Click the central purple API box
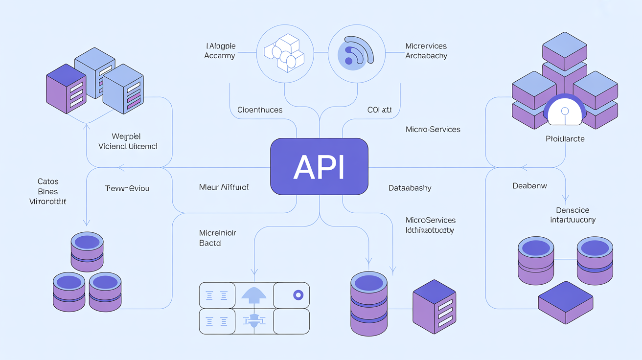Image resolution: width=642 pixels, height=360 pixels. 319,167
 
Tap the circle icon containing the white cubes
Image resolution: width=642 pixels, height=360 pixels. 284,53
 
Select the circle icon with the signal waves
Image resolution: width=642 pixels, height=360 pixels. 356,53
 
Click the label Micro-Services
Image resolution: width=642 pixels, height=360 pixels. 433,130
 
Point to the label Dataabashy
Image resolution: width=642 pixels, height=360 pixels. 410,188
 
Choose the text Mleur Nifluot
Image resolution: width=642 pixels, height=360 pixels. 224,187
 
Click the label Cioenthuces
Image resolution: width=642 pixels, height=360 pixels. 259,110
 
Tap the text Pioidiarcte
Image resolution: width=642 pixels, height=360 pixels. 565,139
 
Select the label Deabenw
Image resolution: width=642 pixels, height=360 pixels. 529,186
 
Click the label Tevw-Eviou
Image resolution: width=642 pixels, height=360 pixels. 127,188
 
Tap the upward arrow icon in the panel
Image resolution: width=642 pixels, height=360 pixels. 253,294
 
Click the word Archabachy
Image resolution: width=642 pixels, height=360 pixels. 426,56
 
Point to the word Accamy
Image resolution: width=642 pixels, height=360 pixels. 220,56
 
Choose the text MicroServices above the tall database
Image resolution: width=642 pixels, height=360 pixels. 431,220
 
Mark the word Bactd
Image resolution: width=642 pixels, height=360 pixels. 210,243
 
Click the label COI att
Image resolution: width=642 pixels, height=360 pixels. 379,110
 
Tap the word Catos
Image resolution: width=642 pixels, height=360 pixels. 47,181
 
